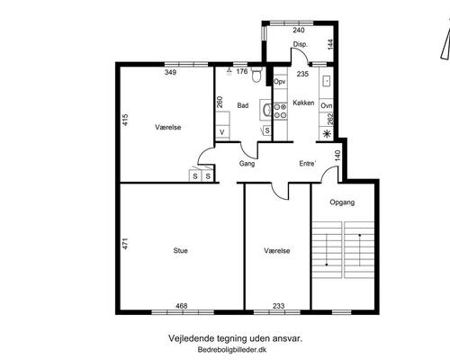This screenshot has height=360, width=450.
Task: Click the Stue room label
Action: (x=181, y=250)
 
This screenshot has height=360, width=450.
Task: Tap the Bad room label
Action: (x=243, y=105)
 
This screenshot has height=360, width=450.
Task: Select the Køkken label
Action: (x=303, y=103)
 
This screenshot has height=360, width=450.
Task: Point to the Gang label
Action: (x=247, y=164)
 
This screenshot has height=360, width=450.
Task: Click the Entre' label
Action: (x=308, y=164)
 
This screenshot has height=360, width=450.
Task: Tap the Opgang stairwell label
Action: (x=342, y=202)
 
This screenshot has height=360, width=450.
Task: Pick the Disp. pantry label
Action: (x=301, y=44)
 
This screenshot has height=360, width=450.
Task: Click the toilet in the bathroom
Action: (x=256, y=75)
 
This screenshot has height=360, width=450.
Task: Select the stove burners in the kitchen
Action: (x=280, y=111)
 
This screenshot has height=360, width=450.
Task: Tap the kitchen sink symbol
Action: (x=327, y=80)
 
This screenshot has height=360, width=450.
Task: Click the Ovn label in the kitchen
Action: (x=327, y=105)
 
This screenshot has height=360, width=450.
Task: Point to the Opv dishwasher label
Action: (x=280, y=82)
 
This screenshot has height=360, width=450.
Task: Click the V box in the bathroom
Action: (x=222, y=132)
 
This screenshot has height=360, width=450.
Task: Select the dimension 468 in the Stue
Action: (x=182, y=306)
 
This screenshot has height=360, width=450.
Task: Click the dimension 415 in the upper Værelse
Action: (x=125, y=120)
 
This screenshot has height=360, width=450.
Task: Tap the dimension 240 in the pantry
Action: (x=299, y=30)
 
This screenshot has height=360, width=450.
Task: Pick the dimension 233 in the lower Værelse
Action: (x=279, y=306)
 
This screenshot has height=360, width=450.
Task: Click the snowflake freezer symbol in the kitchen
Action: (x=327, y=134)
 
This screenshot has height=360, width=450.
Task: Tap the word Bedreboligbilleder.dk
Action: (x=232, y=349)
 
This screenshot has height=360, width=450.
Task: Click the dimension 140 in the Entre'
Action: (x=337, y=156)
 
